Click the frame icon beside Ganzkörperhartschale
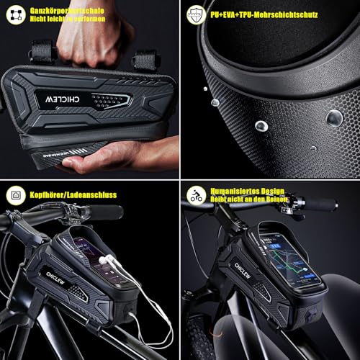pos(14,13)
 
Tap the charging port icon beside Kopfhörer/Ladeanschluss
pos(14,194)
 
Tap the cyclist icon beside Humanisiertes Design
pos(196,194)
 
